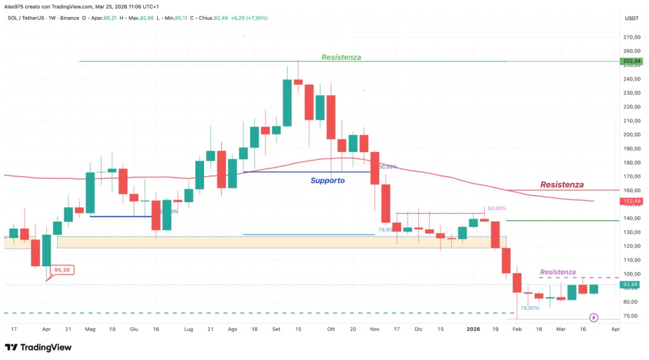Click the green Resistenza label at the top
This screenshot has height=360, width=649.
click(341, 57)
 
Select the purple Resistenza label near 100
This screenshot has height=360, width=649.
click(558, 272)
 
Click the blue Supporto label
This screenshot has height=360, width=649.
click(328, 181)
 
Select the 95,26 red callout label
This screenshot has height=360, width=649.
click(62, 269)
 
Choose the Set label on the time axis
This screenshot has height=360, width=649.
click(276, 330)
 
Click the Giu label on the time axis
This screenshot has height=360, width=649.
click(134, 330)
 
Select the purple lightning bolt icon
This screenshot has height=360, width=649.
click(594, 317)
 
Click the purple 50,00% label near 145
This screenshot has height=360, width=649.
click(497, 209)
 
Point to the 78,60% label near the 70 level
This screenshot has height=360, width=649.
click(529, 308)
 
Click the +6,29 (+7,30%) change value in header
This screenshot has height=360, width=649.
click(247, 18)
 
